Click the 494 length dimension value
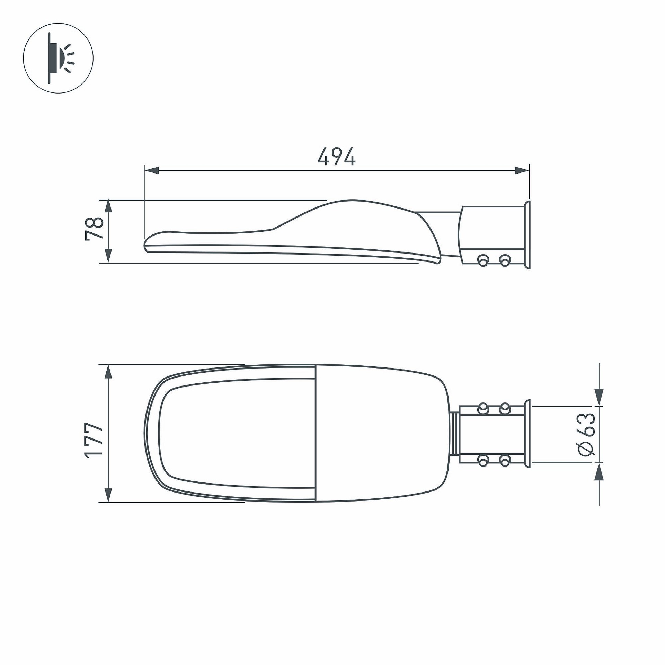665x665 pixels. pyautogui.click(x=336, y=156)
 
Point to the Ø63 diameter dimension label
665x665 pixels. pyautogui.click(x=587, y=434)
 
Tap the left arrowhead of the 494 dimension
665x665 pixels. pyautogui.click(x=152, y=170)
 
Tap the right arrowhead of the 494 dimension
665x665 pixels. pyautogui.click(x=522, y=170)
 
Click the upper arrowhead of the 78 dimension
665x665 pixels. pyautogui.click(x=108, y=206)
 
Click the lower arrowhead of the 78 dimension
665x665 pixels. pyautogui.click(x=108, y=257)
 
